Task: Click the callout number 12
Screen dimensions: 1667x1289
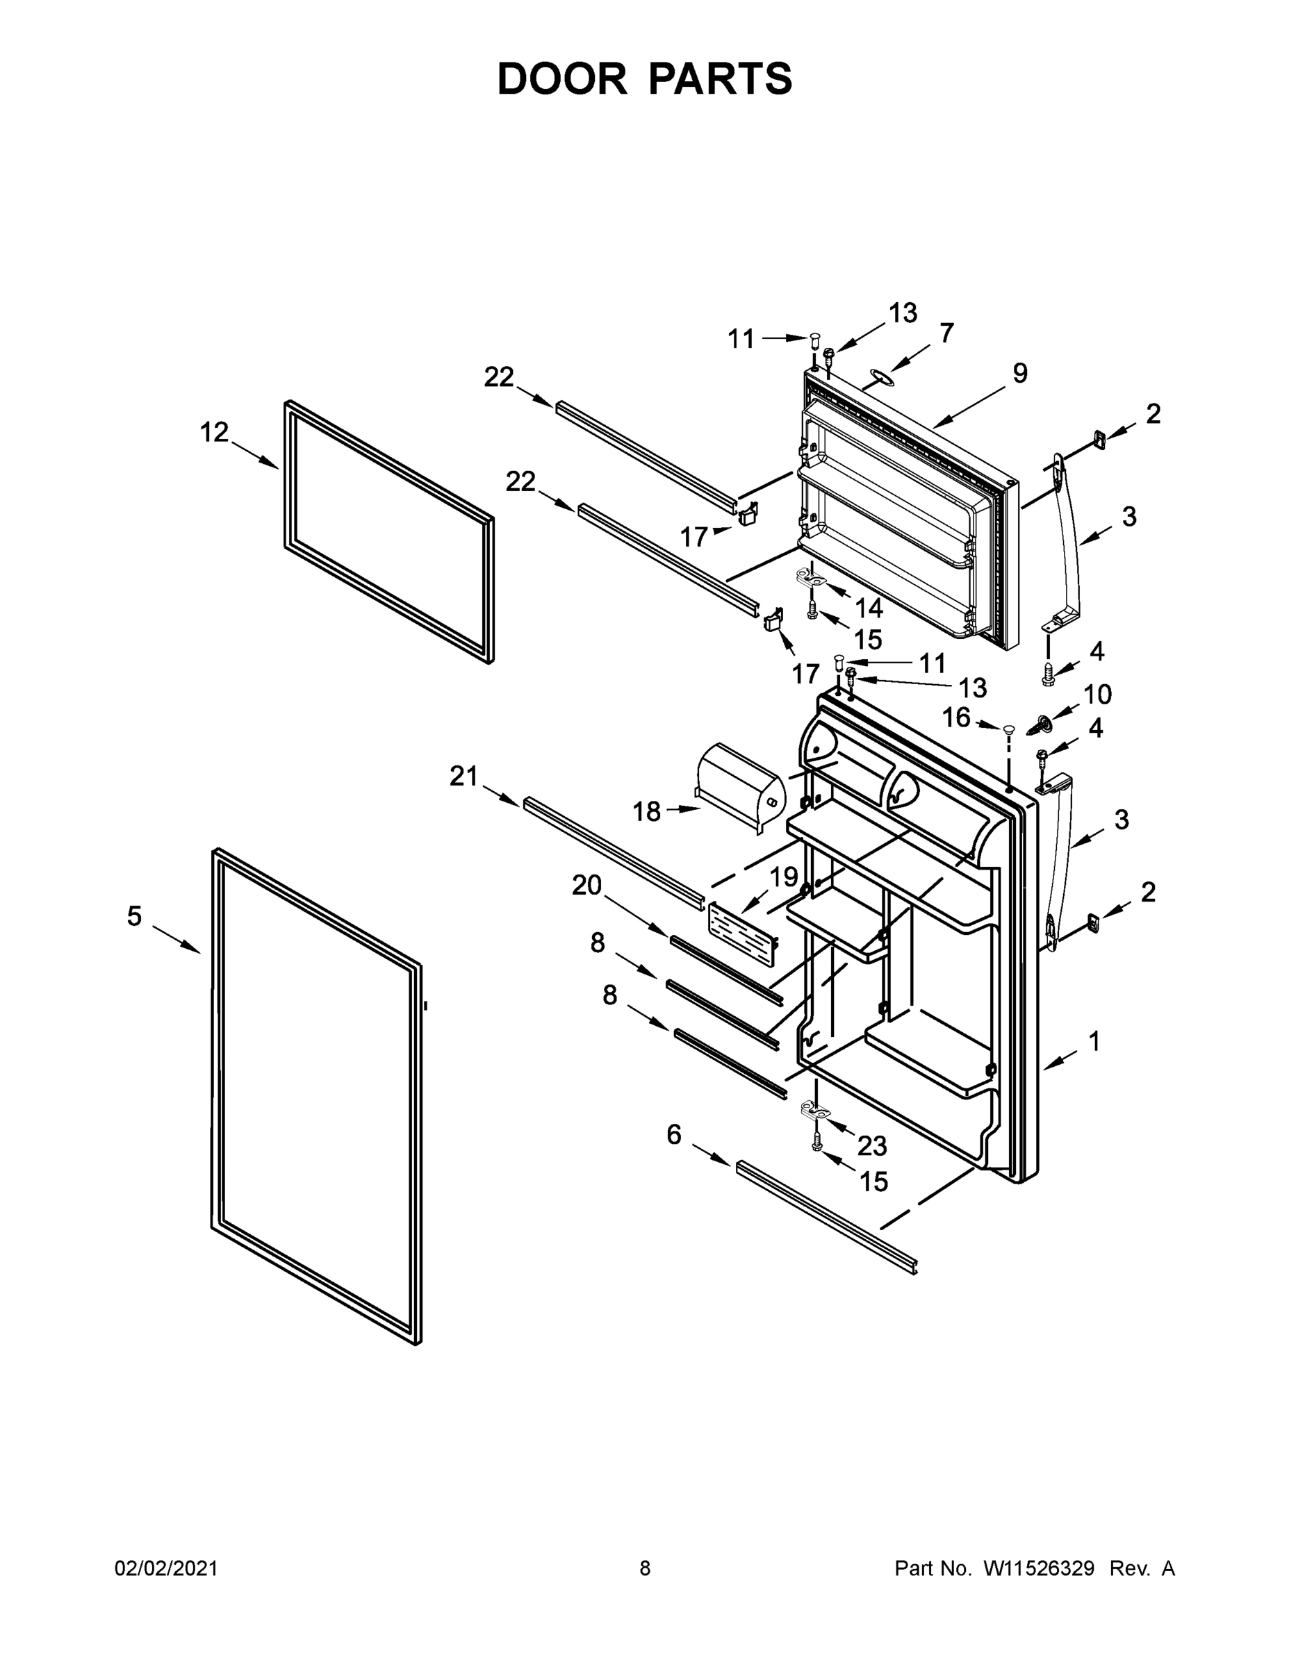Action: [214, 433]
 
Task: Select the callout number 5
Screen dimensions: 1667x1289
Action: [134, 916]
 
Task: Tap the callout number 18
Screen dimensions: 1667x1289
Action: [646, 811]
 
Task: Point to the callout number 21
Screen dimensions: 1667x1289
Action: [463, 777]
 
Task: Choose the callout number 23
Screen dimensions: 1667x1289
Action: [872, 1145]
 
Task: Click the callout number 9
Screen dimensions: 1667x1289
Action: [1020, 373]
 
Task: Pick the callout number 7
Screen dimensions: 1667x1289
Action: [946, 333]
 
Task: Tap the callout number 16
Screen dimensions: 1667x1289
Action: [956, 718]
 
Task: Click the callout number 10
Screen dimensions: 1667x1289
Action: [1097, 695]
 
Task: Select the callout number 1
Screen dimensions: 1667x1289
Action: [1094, 1041]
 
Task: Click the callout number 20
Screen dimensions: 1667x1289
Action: [586, 886]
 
